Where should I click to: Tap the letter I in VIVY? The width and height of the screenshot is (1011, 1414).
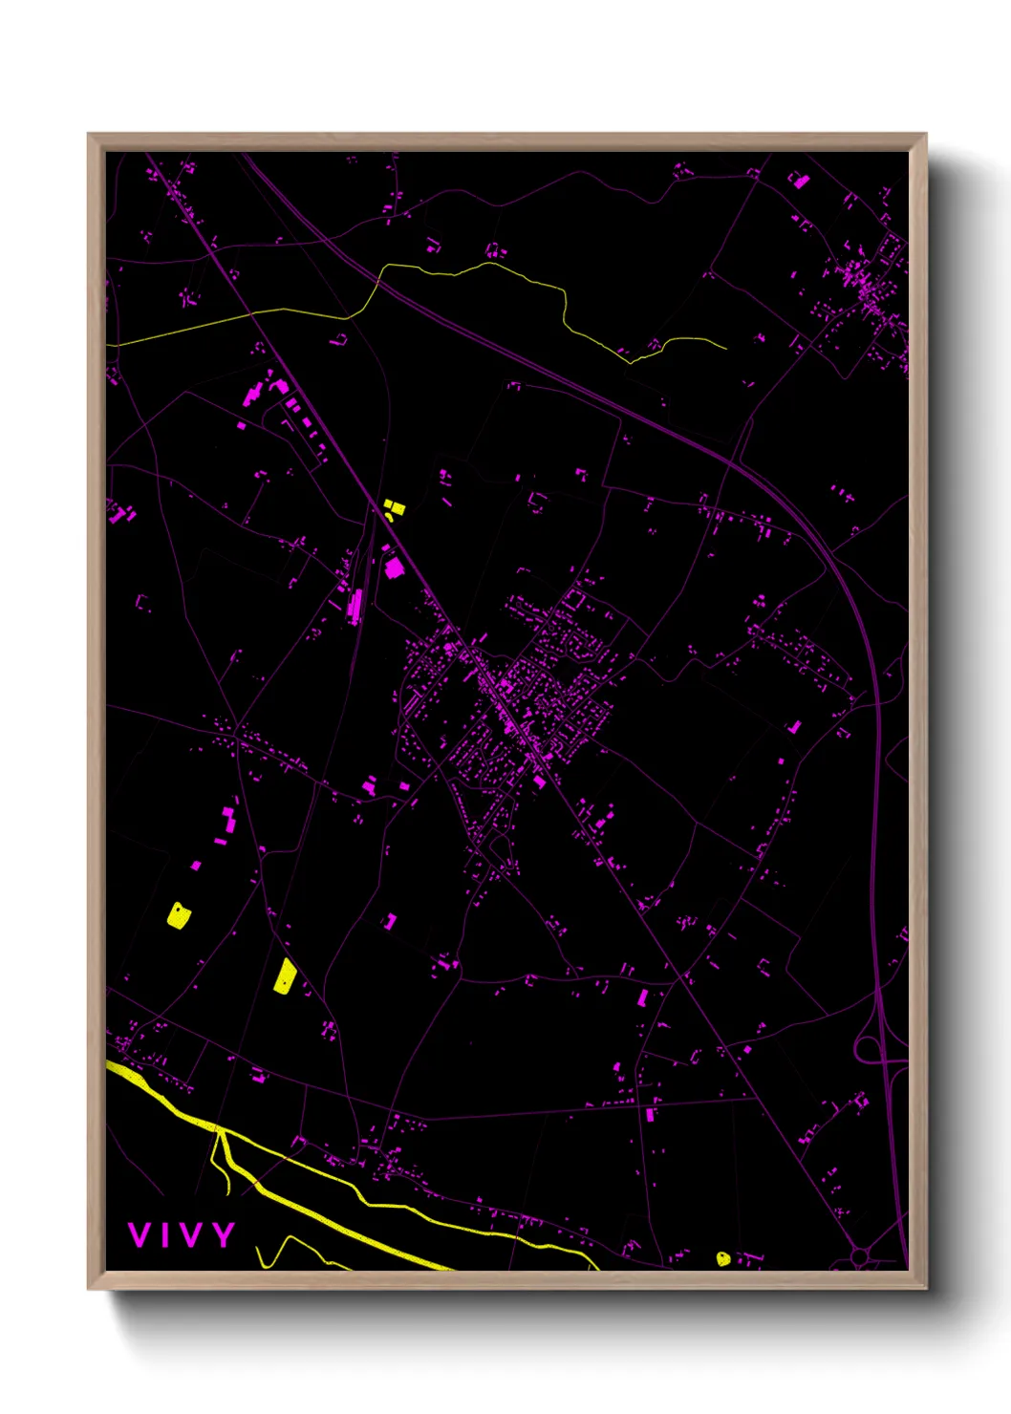165,1234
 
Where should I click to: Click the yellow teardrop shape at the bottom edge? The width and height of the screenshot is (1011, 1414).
723,1259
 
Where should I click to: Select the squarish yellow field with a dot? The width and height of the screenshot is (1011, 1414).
179,915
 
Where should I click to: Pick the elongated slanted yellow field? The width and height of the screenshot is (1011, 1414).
285,976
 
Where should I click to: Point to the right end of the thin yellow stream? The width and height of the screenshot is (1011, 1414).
725,348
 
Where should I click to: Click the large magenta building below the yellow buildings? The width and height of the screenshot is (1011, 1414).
394,568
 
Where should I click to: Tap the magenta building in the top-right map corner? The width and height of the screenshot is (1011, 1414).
800,180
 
